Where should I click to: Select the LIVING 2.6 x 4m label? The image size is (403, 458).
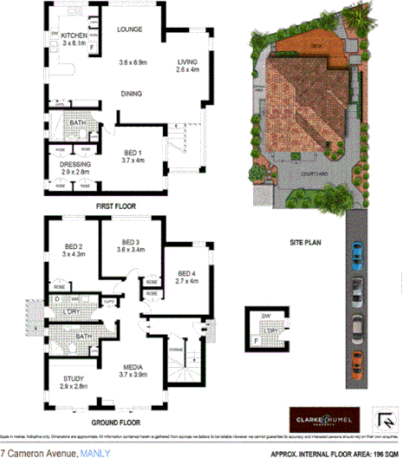(x=187, y=67)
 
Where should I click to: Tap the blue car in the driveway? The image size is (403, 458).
(x=356, y=252)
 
